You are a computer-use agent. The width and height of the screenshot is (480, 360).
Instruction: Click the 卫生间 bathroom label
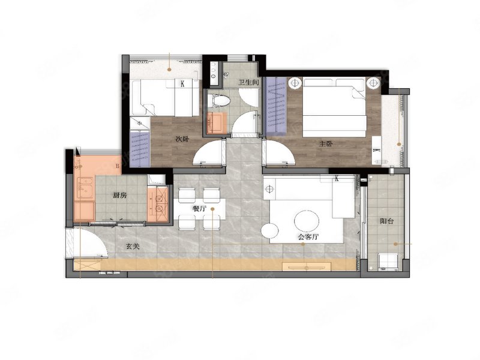click(248, 82)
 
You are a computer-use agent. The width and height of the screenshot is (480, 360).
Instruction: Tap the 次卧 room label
click(182, 139)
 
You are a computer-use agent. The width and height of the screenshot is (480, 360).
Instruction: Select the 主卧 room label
click(326, 143)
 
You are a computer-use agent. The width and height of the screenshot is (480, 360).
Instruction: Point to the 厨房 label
click(119, 196)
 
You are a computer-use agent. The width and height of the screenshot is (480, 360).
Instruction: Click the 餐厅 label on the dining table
click(199, 209)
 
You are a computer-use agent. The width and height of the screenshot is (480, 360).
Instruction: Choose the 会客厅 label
click(308, 236)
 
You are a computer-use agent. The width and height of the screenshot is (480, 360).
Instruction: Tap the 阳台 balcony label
click(386, 221)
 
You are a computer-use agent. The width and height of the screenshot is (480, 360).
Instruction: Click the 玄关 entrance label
click(133, 246)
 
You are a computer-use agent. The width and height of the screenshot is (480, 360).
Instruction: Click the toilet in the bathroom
click(219, 101)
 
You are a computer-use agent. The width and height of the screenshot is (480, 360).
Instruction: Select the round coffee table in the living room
click(307, 220)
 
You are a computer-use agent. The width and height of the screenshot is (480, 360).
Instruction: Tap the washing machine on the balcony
click(388, 262)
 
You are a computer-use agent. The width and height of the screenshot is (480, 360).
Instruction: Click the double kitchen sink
click(85, 187)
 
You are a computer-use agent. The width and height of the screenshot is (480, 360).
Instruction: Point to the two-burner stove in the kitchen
click(158, 203)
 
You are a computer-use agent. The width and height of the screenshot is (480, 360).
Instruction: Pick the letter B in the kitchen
click(117, 167)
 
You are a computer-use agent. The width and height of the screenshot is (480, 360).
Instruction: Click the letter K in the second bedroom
click(182, 83)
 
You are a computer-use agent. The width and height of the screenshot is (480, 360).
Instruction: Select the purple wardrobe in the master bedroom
click(276, 106)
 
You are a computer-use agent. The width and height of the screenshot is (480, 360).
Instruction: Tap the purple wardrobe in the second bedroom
click(140, 148)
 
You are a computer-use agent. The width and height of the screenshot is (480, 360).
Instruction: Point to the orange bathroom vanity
click(217, 123)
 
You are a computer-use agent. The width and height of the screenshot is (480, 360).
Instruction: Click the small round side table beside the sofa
click(269, 231)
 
